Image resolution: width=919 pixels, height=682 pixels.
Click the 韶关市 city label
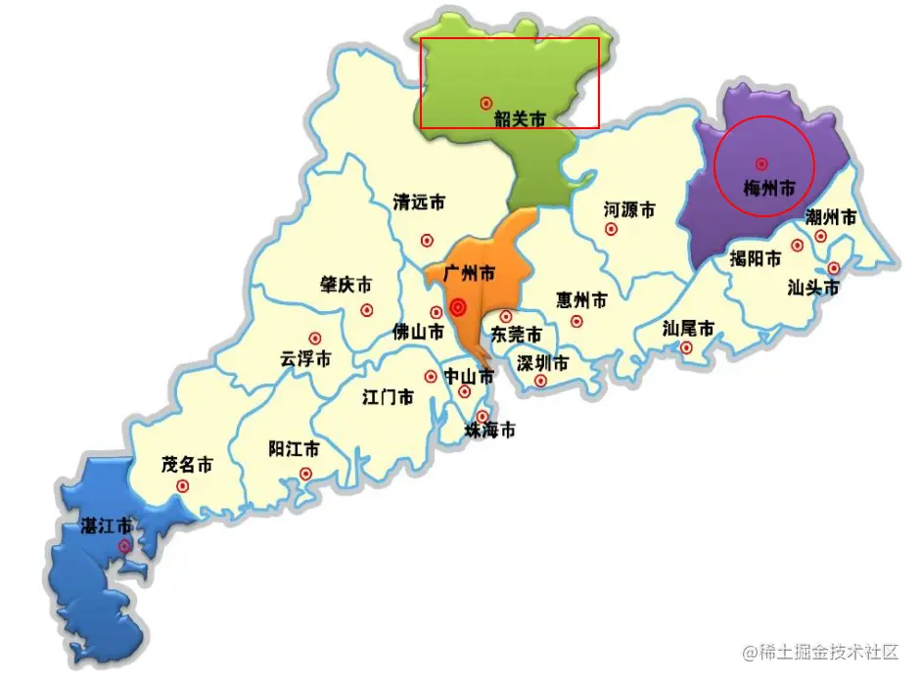[x=519, y=118]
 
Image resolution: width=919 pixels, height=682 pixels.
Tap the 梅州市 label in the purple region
[x=768, y=186]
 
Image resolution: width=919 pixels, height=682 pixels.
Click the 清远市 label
[x=419, y=203]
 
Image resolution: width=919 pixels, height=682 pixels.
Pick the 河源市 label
[x=629, y=209]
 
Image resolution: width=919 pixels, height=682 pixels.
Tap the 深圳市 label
[x=542, y=364]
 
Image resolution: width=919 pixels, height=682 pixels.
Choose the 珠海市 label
[x=489, y=431]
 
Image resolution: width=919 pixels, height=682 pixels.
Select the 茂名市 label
[x=187, y=465]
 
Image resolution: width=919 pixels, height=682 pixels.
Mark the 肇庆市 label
[x=345, y=285]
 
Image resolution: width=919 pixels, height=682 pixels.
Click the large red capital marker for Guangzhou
[x=457, y=308]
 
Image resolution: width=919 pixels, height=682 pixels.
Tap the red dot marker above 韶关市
[x=485, y=102]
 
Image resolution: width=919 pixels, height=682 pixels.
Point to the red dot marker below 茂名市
[x=182, y=485]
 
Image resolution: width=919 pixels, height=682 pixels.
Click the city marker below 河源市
[x=612, y=229]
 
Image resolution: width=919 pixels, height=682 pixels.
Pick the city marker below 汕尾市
[x=686, y=346]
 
